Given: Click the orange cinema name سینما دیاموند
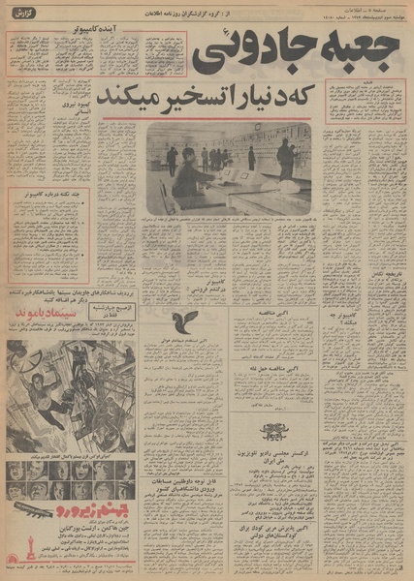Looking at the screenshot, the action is coord(45,317).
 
